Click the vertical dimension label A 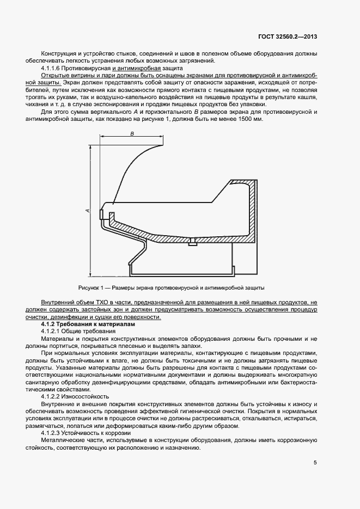tap(87, 211)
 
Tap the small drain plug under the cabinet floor tap(192, 242)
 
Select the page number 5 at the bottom tap(315, 463)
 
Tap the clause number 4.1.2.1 tap(54, 331)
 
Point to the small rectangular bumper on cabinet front tap(101, 214)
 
